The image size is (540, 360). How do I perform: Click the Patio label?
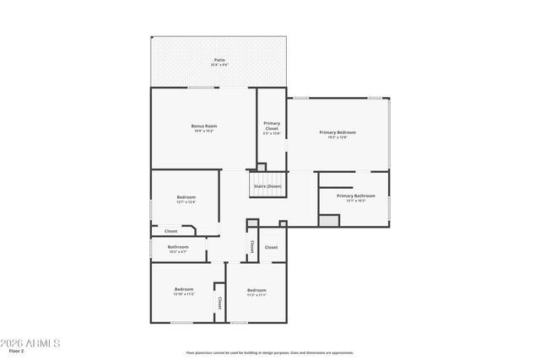[219, 60]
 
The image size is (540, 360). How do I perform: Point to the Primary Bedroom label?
[337, 132]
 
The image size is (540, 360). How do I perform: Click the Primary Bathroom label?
[355, 196]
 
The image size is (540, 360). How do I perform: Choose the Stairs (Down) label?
[267, 185]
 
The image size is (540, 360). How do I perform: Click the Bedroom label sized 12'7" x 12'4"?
[186, 196]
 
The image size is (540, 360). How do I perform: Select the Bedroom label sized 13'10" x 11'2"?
[184, 289]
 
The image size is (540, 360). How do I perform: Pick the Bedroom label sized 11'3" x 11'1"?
[256, 289]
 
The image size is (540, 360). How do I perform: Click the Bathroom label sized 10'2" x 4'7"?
[178, 247]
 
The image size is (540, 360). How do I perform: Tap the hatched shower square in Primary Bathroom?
[328, 220]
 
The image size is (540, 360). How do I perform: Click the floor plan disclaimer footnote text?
[269, 352]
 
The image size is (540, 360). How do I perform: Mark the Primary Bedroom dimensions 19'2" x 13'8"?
[337, 137]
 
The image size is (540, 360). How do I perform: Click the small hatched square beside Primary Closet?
[262, 167]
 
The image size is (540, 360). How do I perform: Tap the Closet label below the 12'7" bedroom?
[170, 230]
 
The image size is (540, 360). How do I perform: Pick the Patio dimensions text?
[219, 65]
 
